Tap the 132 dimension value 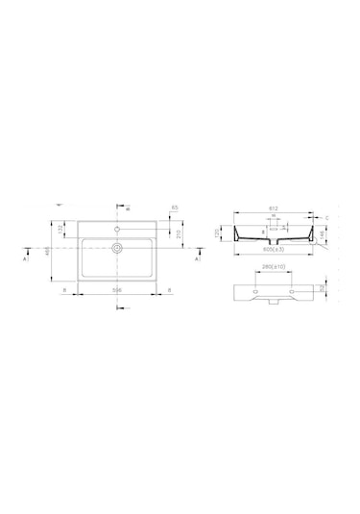(x=61, y=229)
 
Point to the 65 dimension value (x=175, y=207)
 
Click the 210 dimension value (x=179, y=233)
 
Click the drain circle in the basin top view (x=117, y=248)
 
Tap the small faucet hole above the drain (x=117, y=230)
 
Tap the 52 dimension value (x=322, y=287)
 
